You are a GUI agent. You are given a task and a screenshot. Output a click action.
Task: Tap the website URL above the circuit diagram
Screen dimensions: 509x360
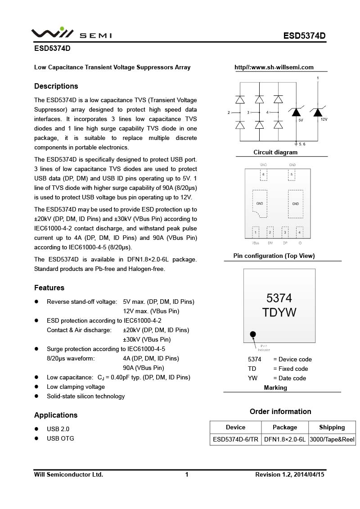(x=274, y=68)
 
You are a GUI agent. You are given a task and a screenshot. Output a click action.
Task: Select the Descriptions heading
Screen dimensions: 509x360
(x=56, y=86)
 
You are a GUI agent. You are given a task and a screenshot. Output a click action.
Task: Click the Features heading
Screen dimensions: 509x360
(x=49, y=288)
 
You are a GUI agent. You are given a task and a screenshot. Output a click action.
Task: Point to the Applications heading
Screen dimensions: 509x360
(x=56, y=415)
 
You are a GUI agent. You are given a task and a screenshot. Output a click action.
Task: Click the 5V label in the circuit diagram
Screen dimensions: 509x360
(x=301, y=120)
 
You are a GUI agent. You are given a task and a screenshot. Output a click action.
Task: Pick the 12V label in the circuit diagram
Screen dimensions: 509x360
(x=324, y=120)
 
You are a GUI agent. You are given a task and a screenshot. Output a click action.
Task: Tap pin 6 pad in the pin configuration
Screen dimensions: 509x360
(x=263, y=175)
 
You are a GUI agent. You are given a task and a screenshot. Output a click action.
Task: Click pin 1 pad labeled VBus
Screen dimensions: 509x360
(x=256, y=232)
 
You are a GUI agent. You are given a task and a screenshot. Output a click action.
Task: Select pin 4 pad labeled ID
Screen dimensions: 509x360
(x=299, y=232)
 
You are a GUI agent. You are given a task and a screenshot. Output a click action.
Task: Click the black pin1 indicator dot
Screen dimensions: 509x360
(x=253, y=334)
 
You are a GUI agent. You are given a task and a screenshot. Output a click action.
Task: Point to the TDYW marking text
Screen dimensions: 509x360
(x=279, y=312)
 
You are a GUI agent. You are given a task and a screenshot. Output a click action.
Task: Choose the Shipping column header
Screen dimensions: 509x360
(x=332, y=428)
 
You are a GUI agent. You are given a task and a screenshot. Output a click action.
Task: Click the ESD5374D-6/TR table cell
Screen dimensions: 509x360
(x=235, y=440)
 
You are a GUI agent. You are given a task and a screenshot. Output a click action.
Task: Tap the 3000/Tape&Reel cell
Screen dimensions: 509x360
(x=332, y=440)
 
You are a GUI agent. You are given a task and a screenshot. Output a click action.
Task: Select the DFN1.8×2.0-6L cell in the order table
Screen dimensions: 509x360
(x=284, y=440)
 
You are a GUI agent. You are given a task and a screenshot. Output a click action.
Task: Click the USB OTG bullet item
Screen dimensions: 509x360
(x=60, y=439)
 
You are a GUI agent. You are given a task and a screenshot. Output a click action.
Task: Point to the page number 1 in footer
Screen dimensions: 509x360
(x=187, y=475)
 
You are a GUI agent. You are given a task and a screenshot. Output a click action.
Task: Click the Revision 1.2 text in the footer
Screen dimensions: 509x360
(x=290, y=475)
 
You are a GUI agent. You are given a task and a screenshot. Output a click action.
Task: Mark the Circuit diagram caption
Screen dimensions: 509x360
(x=275, y=153)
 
